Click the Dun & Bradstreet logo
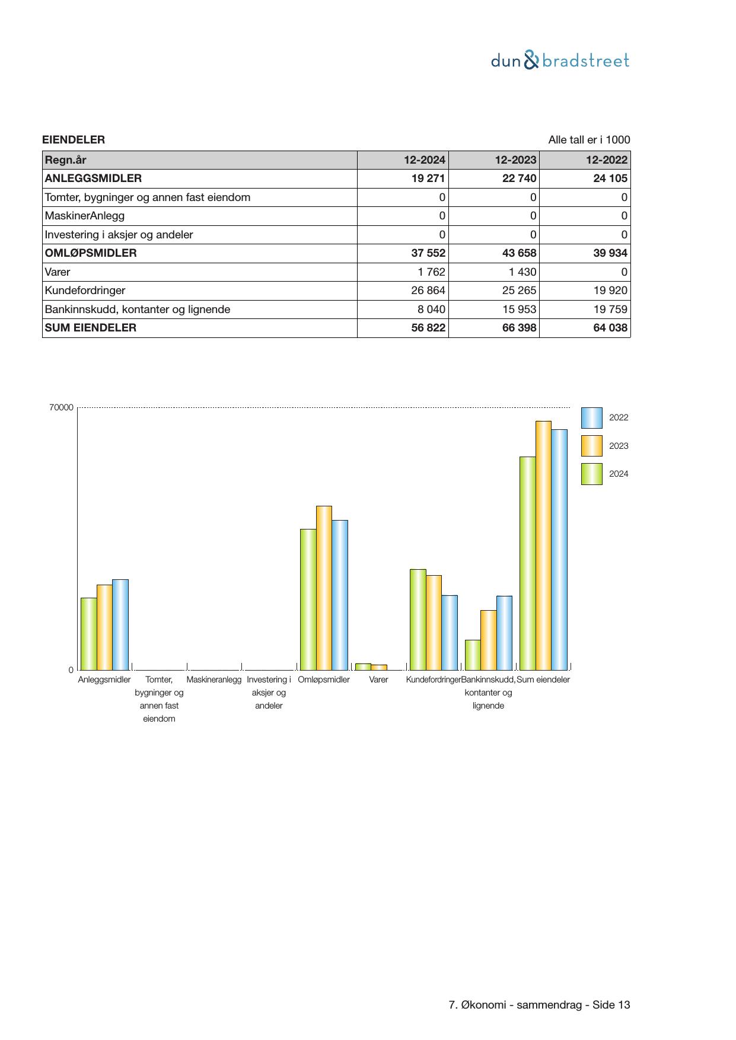click(x=560, y=60)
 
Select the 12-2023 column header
click(x=515, y=159)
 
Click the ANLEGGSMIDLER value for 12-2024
click(x=428, y=178)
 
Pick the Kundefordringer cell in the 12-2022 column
click(x=610, y=291)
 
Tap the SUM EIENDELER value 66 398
click(x=519, y=328)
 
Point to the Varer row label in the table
click(x=58, y=272)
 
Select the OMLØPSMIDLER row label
click(x=91, y=253)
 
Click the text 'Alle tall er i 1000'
click(x=589, y=140)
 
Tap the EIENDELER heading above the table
click(x=74, y=140)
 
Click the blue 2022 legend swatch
click(x=591, y=418)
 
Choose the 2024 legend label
click(x=619, y=474)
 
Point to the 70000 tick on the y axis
click(x=62, y=408)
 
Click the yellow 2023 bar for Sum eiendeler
click(x=543, y=545)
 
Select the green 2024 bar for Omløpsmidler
click(x=308, y=599)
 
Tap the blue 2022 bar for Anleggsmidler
click(x=120, y=624)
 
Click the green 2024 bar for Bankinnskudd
click(x=473, y=655)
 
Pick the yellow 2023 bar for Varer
click(x=378, y=667)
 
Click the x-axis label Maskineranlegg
click(x=214, y=679)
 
